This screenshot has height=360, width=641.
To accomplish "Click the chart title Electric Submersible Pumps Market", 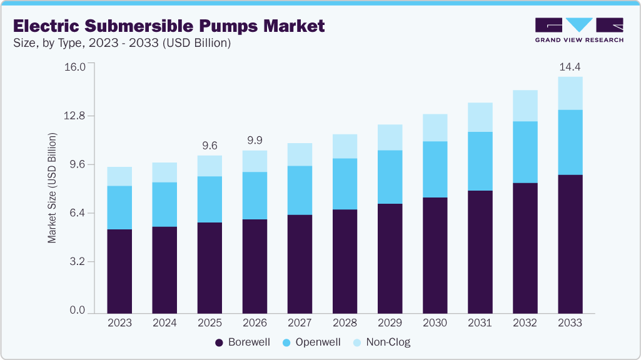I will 169,26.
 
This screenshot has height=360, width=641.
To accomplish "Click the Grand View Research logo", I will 578,30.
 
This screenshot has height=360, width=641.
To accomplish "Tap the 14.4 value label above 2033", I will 570,66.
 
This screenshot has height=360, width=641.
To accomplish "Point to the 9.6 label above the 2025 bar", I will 209,145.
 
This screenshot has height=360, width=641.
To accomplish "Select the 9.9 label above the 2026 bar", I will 255,140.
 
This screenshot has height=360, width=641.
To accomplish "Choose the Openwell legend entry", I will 312,342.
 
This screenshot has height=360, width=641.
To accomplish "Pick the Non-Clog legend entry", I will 381,342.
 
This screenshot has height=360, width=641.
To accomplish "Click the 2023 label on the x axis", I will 119,323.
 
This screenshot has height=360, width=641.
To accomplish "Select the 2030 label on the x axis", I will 435,323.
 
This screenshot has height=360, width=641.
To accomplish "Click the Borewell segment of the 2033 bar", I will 570,244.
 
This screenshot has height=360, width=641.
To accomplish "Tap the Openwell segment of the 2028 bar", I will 345,184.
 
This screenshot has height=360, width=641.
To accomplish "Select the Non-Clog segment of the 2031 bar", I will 480,117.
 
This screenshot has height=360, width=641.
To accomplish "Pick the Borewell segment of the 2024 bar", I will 164,269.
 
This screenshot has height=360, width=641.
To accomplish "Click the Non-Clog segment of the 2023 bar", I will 119,176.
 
